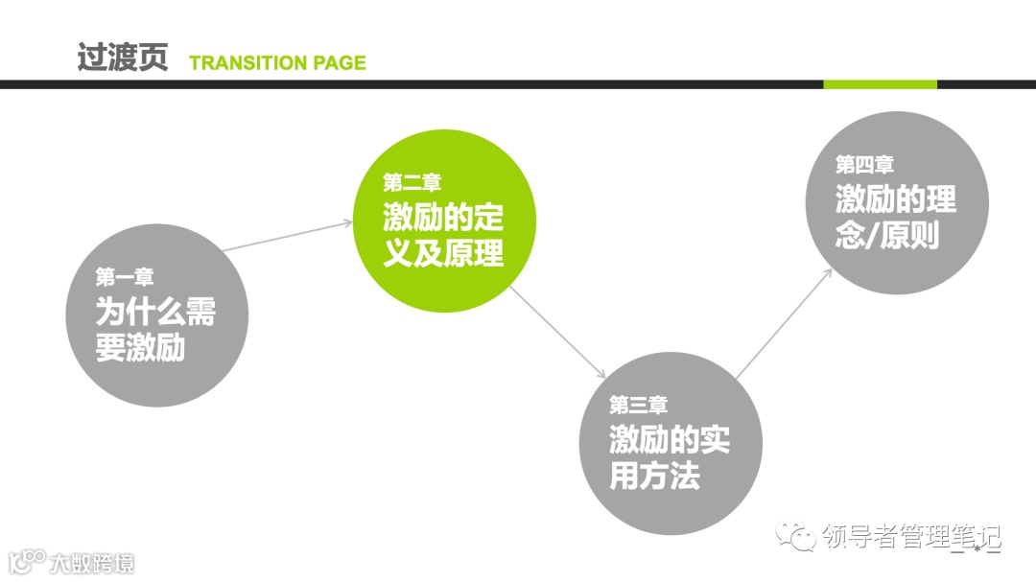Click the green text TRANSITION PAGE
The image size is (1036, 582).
pos(277,63)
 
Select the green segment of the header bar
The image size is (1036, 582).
pos(880,84)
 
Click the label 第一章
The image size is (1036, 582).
pos(125,277)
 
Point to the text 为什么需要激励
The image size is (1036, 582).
pos(154,329)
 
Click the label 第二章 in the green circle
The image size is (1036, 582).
pos(412,182)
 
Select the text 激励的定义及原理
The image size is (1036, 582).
pos(443,235)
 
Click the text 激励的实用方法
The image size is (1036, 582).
pos(670,457)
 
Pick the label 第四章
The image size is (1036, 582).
pos(865,165)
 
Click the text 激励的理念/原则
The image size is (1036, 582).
pos(896,217)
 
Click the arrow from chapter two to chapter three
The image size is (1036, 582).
pos(558,331)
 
